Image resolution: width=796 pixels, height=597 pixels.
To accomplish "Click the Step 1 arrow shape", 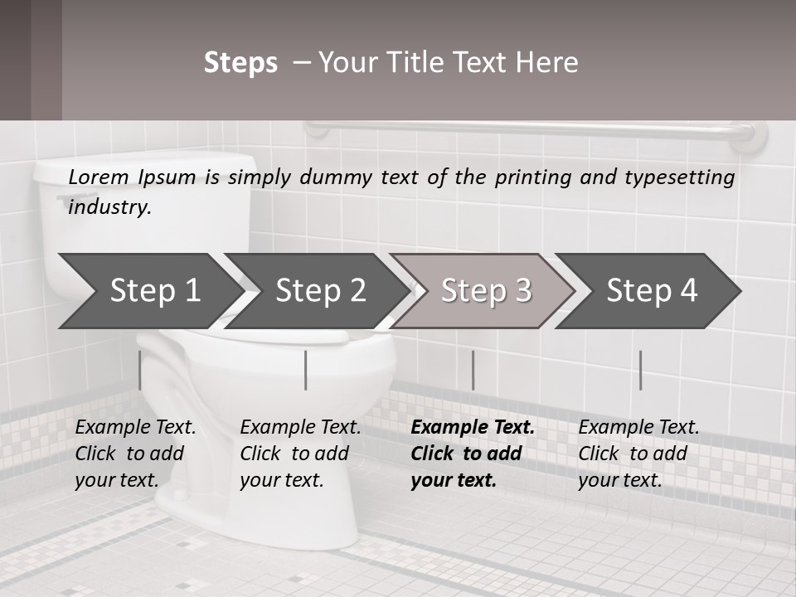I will coord(149,291).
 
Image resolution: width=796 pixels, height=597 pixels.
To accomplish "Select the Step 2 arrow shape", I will coord(315,291).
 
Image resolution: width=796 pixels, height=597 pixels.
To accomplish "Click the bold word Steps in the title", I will coord(240,62).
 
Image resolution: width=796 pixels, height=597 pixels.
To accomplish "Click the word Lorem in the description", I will coord(98,177).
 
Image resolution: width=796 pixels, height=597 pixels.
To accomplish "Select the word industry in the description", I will coord(109,207).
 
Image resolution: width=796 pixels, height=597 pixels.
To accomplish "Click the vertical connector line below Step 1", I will coord(140,370).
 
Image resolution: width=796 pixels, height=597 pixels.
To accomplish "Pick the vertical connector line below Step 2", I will coord(306,370).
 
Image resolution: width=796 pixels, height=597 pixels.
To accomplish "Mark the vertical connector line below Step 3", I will coord(473,370).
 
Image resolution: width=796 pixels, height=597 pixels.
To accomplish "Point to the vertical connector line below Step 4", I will coord(640,370).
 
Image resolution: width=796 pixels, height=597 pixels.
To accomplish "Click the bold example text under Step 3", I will coord(471,454).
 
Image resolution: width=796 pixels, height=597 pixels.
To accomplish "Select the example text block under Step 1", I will coord(134,454).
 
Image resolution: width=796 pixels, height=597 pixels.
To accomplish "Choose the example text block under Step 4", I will coord(638,454).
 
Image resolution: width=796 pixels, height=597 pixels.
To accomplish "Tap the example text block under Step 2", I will coord(299,454).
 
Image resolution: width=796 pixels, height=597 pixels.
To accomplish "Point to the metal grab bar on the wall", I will coord(531,129).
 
